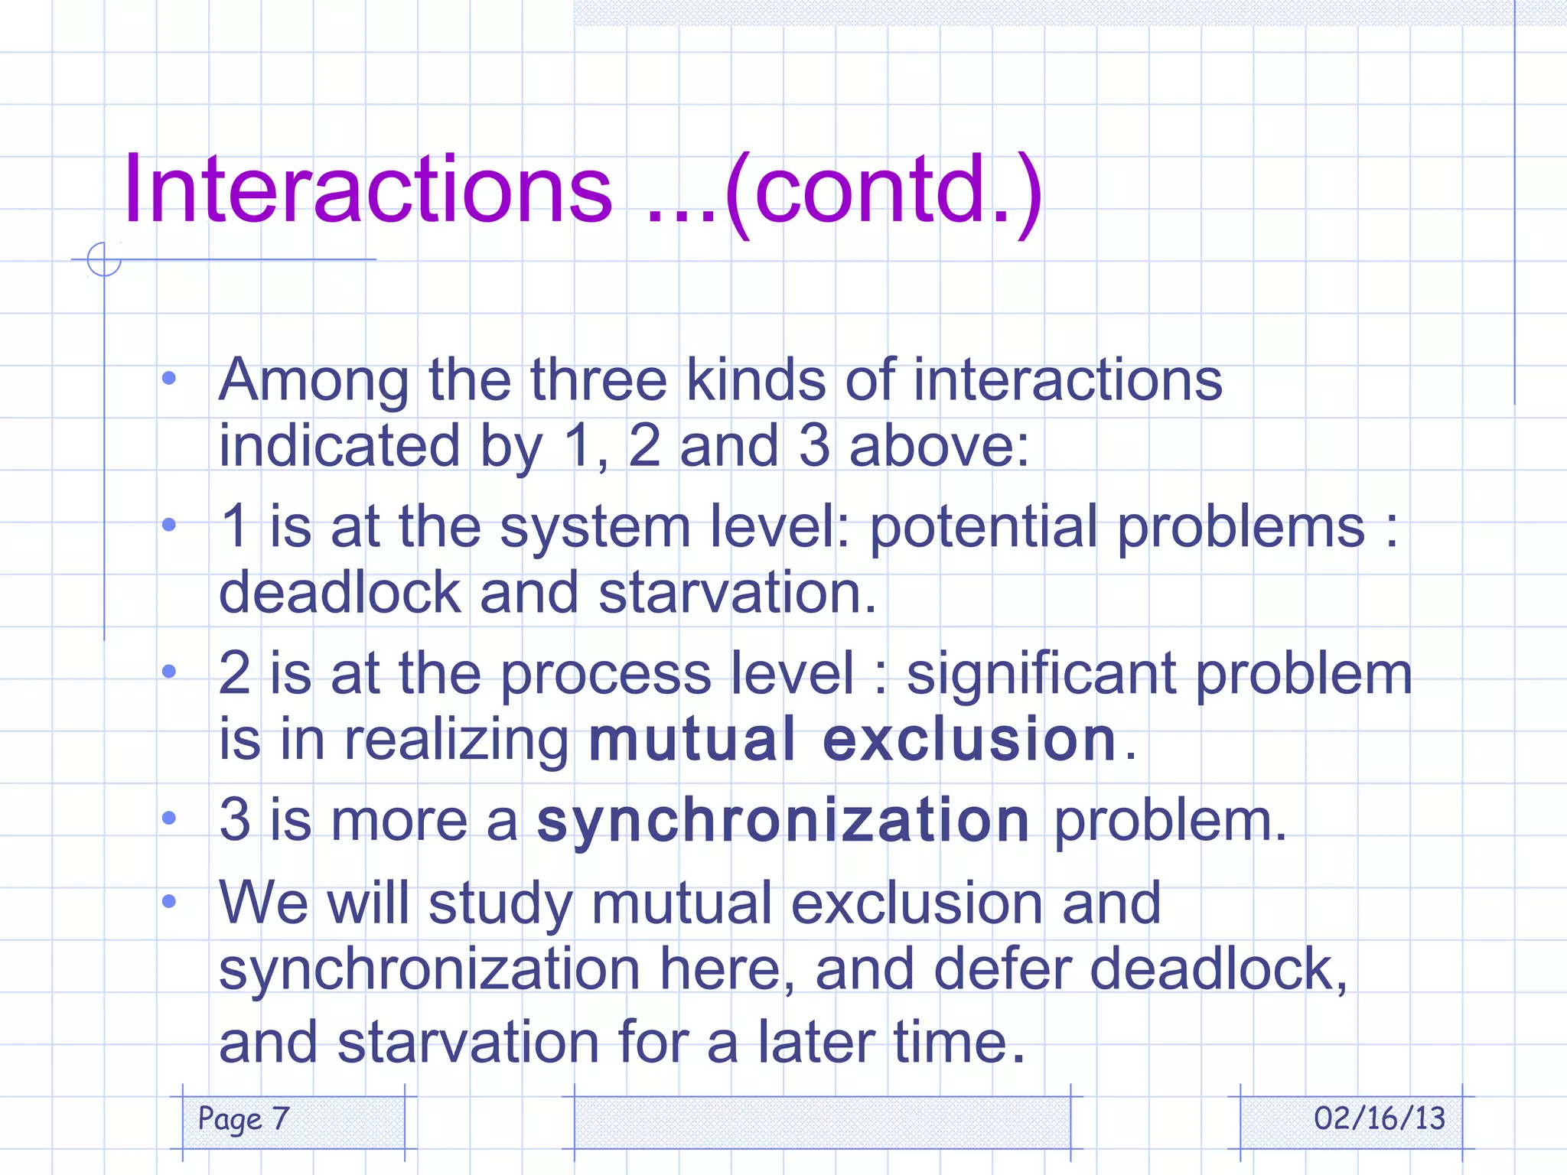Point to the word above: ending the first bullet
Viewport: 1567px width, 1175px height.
(939, 446)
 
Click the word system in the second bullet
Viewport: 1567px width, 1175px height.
(595, 529)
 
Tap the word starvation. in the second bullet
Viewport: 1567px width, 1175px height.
(737, 594)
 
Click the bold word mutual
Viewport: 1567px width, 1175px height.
(692, 740)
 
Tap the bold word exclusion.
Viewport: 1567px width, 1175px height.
(970, 740)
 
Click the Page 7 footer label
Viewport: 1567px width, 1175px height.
(243, 1119)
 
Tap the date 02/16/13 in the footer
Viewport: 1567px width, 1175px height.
(1379, 1119)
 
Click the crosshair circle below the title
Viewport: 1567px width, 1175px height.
(104, 259)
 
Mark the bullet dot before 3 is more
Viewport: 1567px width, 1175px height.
(169, 819)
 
